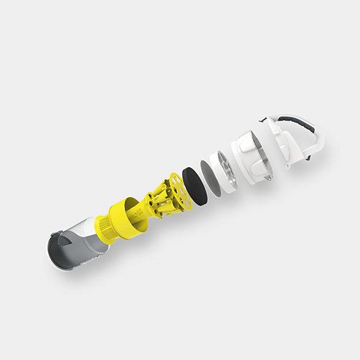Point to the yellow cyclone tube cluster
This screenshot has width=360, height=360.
pyautogui.click(x=162, y=200)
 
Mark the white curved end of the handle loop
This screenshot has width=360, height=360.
pyautogui.click(x=318, y=143)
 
